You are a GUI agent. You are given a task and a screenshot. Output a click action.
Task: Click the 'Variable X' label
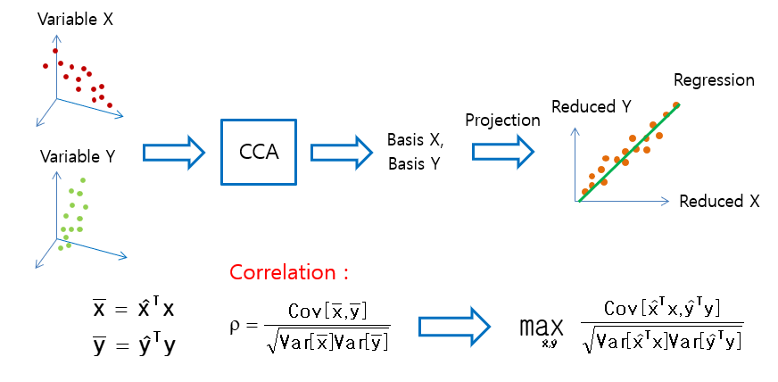(75, 19)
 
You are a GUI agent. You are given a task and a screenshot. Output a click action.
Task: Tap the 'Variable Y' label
(78, 156)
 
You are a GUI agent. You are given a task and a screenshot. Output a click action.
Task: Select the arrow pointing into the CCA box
(173, 152)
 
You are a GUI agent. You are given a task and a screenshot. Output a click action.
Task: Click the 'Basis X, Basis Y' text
(415, 152)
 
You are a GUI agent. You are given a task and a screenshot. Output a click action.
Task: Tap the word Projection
(502, 120)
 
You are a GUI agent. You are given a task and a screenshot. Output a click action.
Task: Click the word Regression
(714, 80)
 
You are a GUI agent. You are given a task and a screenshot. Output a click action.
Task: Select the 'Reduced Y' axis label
(592, 106)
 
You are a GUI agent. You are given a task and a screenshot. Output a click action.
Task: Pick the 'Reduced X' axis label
(719, 201)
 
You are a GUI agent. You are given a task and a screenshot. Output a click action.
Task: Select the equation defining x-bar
(134, 309)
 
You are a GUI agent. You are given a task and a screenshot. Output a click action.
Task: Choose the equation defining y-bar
(134, 343)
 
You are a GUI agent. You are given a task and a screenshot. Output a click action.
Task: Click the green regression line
(629, 152)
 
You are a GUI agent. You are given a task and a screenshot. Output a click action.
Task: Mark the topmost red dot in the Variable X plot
(55, 51)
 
